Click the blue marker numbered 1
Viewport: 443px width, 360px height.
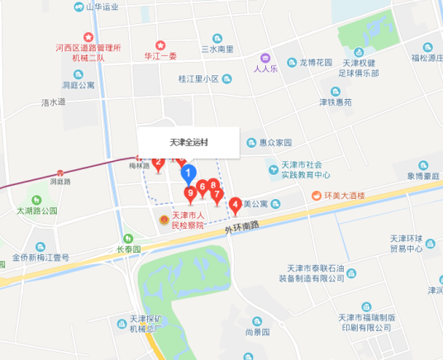tap(188, 173)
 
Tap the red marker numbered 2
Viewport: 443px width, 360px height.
tap(158, 163)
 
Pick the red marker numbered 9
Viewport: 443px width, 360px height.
tap(191, 194)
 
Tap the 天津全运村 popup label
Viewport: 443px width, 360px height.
tap(188, 142)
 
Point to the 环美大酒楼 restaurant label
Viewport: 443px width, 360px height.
tap(345, 197)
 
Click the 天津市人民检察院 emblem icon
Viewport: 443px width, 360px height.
tap(164, 221)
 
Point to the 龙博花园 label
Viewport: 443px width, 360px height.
tap(315, 63)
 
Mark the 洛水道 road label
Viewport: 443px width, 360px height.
tap(53, 102)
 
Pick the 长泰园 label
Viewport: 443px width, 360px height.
tap(128, 249)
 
